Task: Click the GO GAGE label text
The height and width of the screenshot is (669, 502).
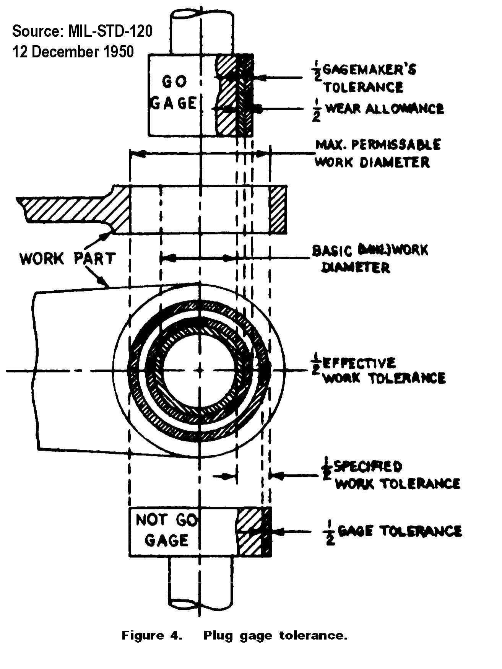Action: click(x=174, y=92)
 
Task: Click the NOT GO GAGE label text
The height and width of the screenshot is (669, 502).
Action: click(x=166, y=530)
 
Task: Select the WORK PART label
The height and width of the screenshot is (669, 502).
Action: click(x=67, y=259)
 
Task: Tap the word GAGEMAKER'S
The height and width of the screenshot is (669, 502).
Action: click(x=369, y=70)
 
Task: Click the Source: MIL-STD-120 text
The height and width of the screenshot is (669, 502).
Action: click(x=82, y=31)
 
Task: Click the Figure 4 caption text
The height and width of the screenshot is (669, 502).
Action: click(x=234, y=635)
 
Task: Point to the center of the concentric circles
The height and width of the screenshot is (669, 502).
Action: click(x=200, y=370)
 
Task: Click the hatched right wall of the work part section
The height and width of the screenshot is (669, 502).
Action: click(x=278, y=209)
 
